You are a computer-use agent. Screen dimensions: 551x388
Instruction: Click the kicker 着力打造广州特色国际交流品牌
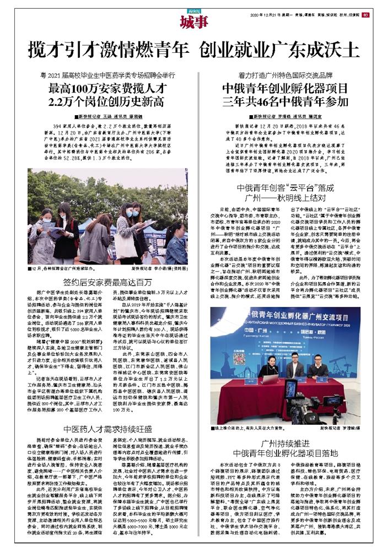(285, 74)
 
